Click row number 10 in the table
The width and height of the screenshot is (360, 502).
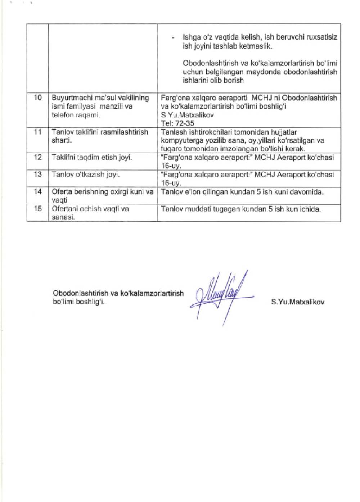coord(38,98)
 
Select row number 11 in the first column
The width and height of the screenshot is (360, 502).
coord(38,132)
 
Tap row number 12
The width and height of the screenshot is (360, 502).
coord(38,157)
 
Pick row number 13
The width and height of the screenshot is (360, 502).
coord(38,175)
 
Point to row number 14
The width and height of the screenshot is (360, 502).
coord(38,192)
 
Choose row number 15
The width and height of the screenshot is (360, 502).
coord(38,209)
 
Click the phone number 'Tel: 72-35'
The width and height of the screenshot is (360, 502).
coord(177,123)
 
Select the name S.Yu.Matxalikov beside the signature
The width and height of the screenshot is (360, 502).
coord(298,302)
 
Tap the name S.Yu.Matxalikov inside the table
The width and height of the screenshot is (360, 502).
coord(187,115)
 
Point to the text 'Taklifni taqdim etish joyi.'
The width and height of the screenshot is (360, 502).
coord(92,157)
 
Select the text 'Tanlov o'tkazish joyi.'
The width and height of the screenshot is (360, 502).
coord(86,175)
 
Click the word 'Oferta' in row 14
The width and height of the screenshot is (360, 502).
coord(62,192)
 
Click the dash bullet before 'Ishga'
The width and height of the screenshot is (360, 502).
coord(174,37)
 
